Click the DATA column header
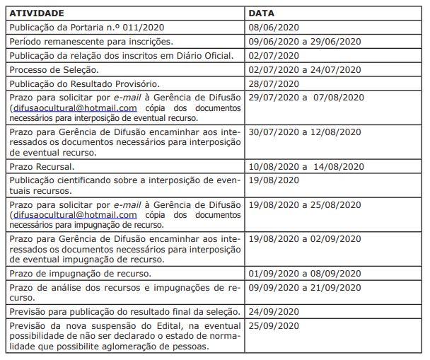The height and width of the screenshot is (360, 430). (x=262, y=13)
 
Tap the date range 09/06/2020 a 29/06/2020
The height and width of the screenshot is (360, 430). (x=305, y=42)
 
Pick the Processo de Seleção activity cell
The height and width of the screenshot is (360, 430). (x=54, y=69)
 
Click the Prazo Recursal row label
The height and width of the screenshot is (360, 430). (x=42, y=167)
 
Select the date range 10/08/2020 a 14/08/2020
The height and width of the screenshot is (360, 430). (x=306, y=167)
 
